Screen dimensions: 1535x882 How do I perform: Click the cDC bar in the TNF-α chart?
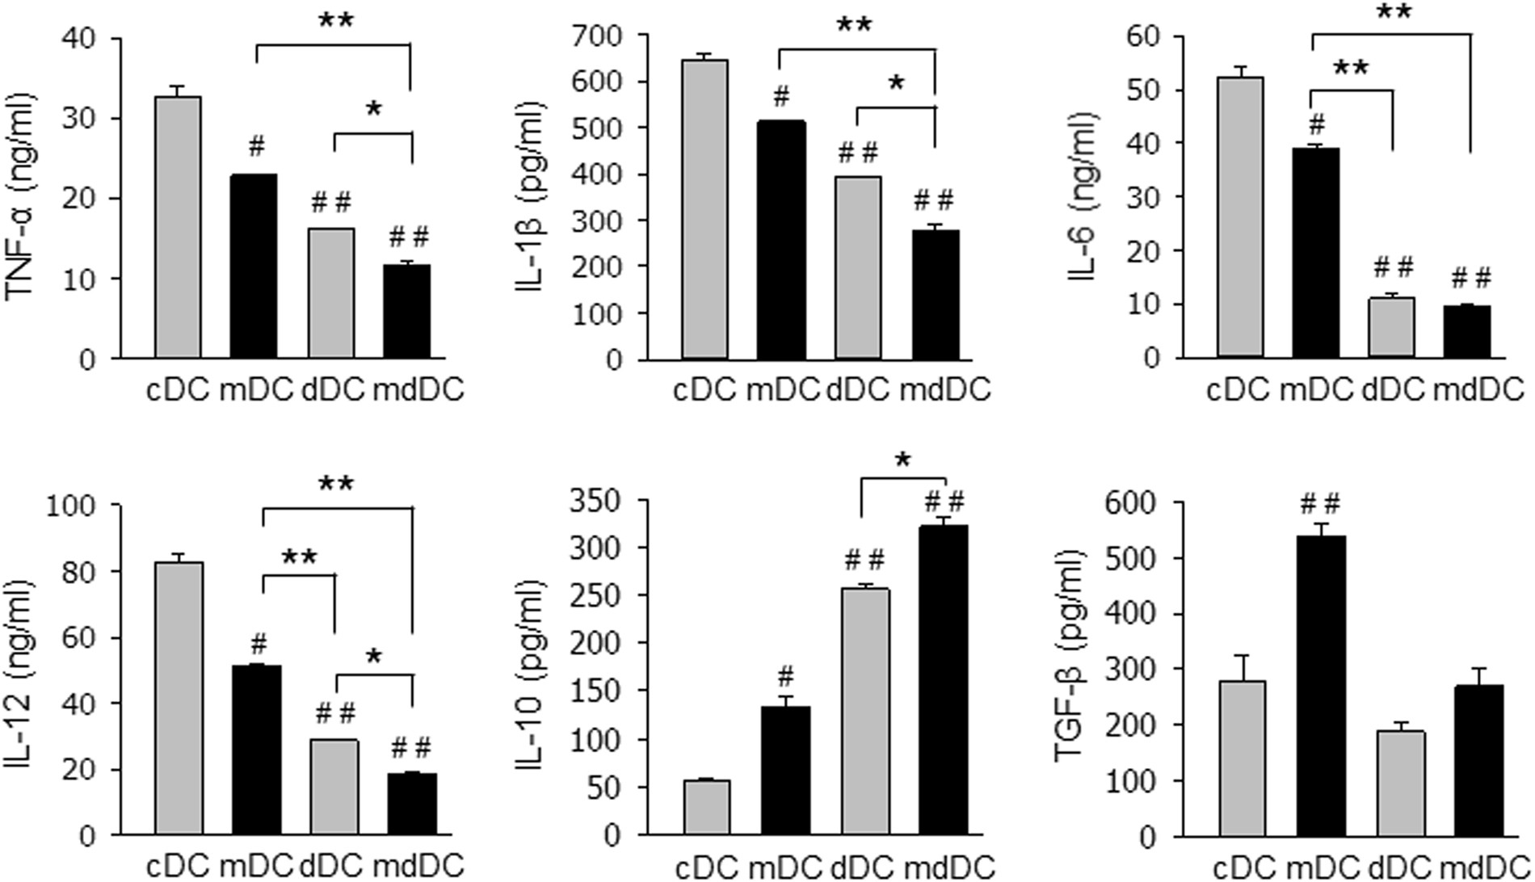(x=179, y=228)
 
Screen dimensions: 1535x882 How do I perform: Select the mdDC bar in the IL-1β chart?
(x=935, y=295)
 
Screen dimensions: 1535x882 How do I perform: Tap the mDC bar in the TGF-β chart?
(x=1322, y=687)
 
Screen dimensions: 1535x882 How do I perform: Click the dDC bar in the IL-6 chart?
(x=1391, y=328)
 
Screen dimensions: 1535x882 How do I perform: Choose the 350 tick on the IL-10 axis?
(x=603, y=501)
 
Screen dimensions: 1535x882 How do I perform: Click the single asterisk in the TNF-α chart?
(x=373, y=110)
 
